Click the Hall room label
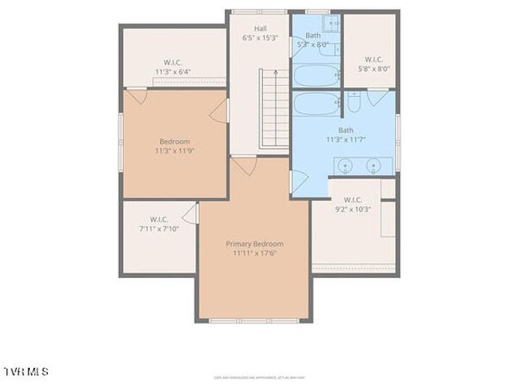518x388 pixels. (x=260, y=28)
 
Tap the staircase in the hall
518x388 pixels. (x=274, y=108)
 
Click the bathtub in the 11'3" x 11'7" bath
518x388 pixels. (x=316, y=104)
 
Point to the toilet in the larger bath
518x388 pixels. (x=353, y=103)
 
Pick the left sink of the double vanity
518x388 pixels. (x=346, y=166)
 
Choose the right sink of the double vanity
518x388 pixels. (x=373, y=166)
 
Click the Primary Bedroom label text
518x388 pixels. (x=254, y=243)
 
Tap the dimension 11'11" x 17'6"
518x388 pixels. (x=254, y=253)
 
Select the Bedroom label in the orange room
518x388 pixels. (x=174, y=141)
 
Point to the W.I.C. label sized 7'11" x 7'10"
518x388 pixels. (x=159, y=219)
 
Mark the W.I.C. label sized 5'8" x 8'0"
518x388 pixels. (x=373, y=59)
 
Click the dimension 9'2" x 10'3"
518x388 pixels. (x=353, y=209)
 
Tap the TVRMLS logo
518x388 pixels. (x=25, y=371)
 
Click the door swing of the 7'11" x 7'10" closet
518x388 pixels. (x=190, y=213)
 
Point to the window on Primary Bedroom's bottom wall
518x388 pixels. (x=254, y=321)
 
